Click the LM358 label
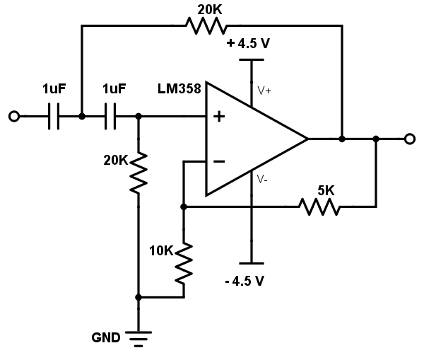pyautogui.click(x=179, y=88)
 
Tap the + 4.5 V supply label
pyautogui.click(x=249, y=43)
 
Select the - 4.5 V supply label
pyautogui.click(x=245, y=281)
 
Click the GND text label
pyautogui.click(x=106, y=337)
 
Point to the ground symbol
pyautogui.click(x=139, y=339)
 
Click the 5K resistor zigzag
pyautogui.click(x=319, y=207)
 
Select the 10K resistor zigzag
pyautogui.click(x=184, y=263)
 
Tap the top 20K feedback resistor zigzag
pyautogui.click(x=206, y=25)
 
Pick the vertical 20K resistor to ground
pyautogui.click(x=139, y=173)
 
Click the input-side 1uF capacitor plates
pyautogui.click(x=54, y=117)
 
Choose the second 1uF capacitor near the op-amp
pyautogui.click(x=110, y=117)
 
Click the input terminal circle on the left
pyautogui.click(x=14, y=117)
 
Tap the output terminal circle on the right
pyautogui.click(x=410, y=139)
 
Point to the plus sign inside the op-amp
pyautogui.click(x=219, y=117)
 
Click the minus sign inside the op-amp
pyautogui.click(x=219, y=161)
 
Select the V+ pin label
pyautogui.click(x=264, y=91)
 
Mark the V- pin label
pyautogui.click(x=262, y=179)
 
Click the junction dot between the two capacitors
pyautogui.click(x=82, y=117)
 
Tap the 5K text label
pyautogui.click(x=326, y=190)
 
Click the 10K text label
pyautogui.click(x=161, y=251)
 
